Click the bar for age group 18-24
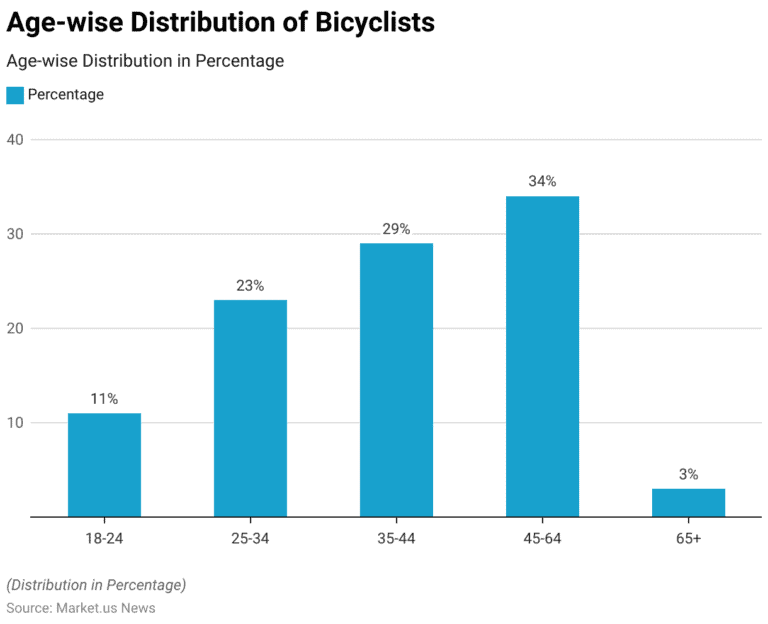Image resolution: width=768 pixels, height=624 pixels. pos(104,465)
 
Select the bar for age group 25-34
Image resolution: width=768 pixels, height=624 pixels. pos(250,408)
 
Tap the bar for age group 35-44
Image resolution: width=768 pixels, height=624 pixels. pos(396,380)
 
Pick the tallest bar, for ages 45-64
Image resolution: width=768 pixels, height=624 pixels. pos(542,356)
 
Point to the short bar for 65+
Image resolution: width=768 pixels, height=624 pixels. pos(688,502)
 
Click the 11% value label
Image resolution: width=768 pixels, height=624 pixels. pos(104,399)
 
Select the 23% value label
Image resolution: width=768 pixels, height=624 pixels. pos(250,286)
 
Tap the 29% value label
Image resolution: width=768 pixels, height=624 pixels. pos(396,229)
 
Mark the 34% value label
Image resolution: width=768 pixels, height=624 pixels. pos(542,182)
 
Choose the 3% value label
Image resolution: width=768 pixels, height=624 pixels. pos(688,474)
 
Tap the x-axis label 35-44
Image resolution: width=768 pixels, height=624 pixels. pos(396,538)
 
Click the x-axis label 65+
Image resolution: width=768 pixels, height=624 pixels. pos(688,538)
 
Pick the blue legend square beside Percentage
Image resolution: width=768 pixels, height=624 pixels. pos(15,95)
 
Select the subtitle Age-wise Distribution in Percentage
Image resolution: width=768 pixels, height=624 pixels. pos(145,61)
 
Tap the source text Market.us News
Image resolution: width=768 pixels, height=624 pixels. pos(105,607)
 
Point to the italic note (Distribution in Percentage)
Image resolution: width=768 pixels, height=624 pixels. pos(96,585)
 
